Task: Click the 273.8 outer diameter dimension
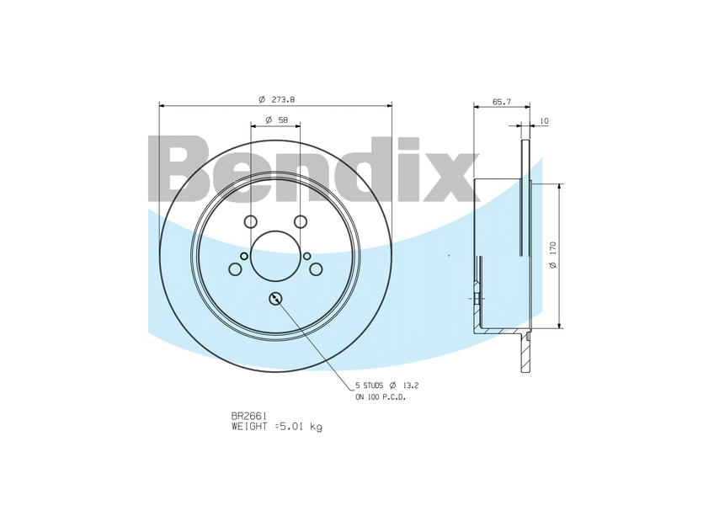click(276, 99)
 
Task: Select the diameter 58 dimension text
click(276, 120)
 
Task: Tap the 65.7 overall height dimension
click(502, 102)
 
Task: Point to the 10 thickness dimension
click(544, 121)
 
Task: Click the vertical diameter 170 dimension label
click(553, 255)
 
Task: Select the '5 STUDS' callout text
click(370, 385)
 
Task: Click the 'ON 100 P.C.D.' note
click(381, 397)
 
